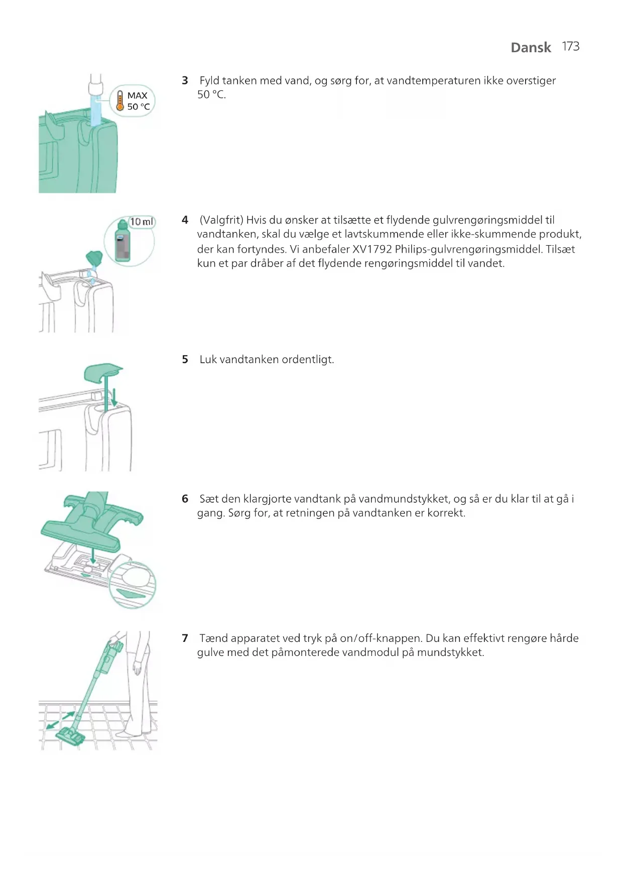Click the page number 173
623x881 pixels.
pyautogui.click(x=571, y=47)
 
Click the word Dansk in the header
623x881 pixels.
pyautogui.click(x=531, y=47)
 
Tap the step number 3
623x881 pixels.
pyautogui.click(x=185, y=80)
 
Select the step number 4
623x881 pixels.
pyautogui.click(x=185, y=220)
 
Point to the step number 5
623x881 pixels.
pyautogui.click(x=185, y=360)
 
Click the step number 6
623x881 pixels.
pyautogui.click(x=185, y=499)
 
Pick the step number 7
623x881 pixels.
pyautogui.click(x=185, y=638)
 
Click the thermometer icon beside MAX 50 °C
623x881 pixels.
pyautogui.click(x=119, y=100)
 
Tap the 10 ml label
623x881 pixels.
pyautogui.click(x=142, y=222)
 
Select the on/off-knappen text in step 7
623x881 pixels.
pyautogui.click(x=381, y=639)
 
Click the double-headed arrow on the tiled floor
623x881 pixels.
pyautogui.click(x=60, y=720)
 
